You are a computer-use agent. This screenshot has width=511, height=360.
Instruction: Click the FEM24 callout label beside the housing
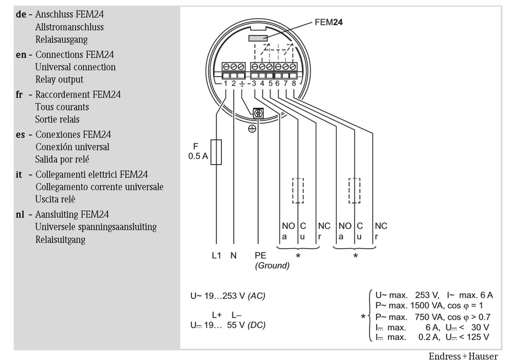329,22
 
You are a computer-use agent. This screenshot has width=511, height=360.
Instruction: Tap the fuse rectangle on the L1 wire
216,152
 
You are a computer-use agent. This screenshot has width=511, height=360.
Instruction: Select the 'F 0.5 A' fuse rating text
198,151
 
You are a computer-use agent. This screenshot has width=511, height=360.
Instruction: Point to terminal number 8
294,83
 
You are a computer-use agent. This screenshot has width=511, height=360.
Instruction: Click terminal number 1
225,83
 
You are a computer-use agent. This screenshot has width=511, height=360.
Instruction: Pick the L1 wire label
216,255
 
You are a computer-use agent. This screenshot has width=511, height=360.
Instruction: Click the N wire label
233,255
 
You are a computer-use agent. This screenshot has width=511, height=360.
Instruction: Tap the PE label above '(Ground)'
260,255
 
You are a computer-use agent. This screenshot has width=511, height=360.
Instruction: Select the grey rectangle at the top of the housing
258,38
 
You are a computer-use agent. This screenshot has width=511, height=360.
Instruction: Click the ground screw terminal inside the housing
258,113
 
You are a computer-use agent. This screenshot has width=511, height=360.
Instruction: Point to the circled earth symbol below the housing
252,129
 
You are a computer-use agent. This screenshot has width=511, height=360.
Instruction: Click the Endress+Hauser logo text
463,356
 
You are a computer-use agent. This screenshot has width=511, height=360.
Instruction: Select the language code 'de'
21,15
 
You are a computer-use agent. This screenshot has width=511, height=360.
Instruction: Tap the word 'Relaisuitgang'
60,239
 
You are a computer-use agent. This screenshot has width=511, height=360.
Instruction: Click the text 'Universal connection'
75,67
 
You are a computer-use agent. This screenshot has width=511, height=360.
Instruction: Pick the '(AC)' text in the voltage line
257,296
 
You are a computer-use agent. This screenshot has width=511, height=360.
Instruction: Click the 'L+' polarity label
217,315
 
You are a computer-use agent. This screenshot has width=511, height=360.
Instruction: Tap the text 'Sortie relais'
58,119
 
